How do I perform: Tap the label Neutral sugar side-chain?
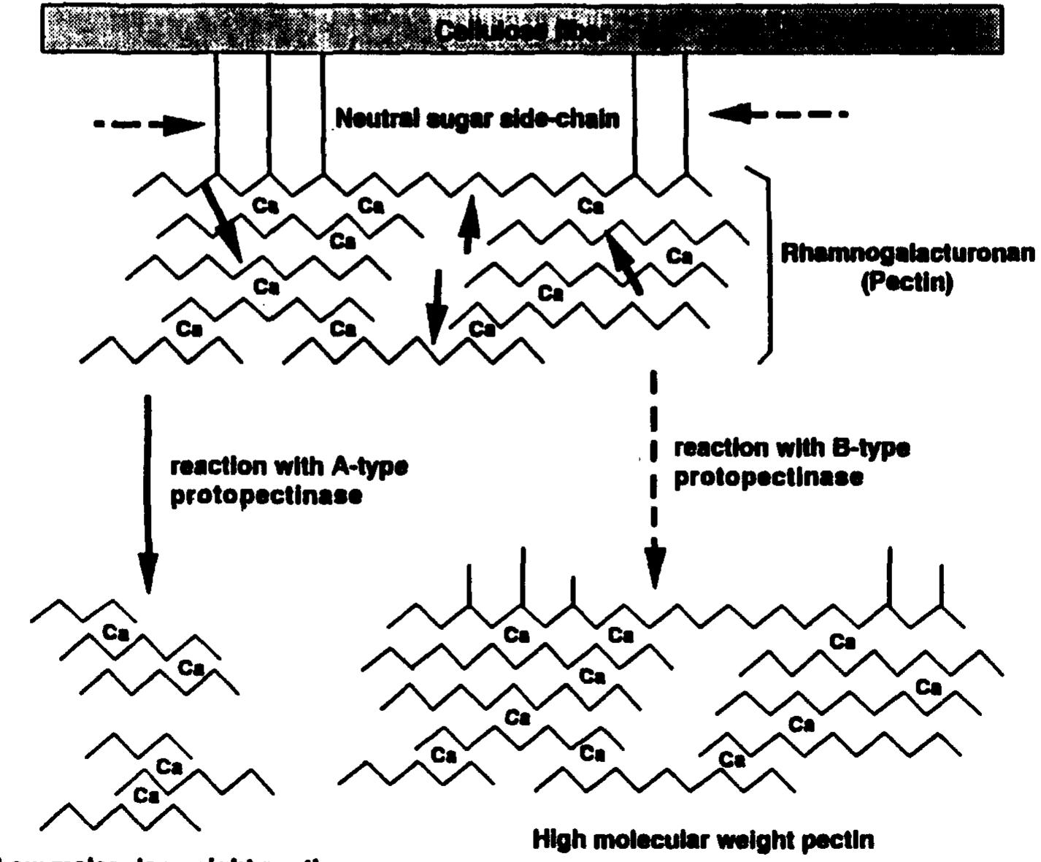477,118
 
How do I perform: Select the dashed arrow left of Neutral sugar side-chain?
150,124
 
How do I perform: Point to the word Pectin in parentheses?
907,282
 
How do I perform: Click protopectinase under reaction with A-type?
266,496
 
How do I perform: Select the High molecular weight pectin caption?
703,840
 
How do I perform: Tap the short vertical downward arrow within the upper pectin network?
436,306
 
